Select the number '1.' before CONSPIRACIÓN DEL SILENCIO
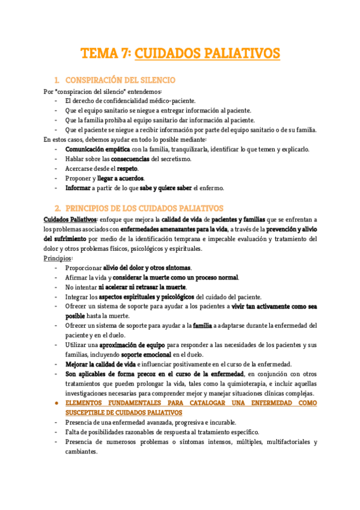pos(56,80)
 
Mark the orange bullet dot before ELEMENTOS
pos(56,402)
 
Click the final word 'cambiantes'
pos(81,451)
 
